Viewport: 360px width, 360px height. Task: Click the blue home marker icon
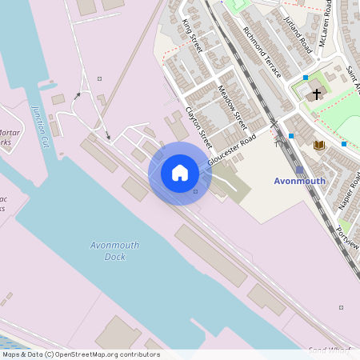(180, 173)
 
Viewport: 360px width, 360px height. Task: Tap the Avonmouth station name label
(299, 181)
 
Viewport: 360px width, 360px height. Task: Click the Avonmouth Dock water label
(115, 250)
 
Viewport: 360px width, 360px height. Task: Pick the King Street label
(193, 36)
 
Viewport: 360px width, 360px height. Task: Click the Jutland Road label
(296, 32)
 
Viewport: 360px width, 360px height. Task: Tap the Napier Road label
(350, 191)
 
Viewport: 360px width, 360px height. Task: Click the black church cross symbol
(316, 94)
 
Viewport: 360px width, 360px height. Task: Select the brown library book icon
(319, 145)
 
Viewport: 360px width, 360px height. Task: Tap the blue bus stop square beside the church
(306, 78)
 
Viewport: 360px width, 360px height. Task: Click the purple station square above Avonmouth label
(299, 170)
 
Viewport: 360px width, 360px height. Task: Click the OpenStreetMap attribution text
(81, 354)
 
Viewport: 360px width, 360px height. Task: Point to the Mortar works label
(8, 138)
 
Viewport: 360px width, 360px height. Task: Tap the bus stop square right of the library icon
(344, 144)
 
